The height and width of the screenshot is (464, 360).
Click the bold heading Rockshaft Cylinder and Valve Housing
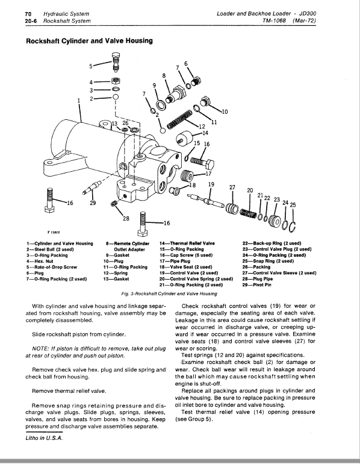click(89, 41)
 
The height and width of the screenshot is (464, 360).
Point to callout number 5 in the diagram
click(91, 66)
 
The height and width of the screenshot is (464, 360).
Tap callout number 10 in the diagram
click(225, 111)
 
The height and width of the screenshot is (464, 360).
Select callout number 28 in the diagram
click(126, 217)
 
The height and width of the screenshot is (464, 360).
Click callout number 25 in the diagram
click(293, 205)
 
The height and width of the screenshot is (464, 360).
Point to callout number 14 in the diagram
click(205, 133)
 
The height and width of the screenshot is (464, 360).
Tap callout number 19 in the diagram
click(211, 184)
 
